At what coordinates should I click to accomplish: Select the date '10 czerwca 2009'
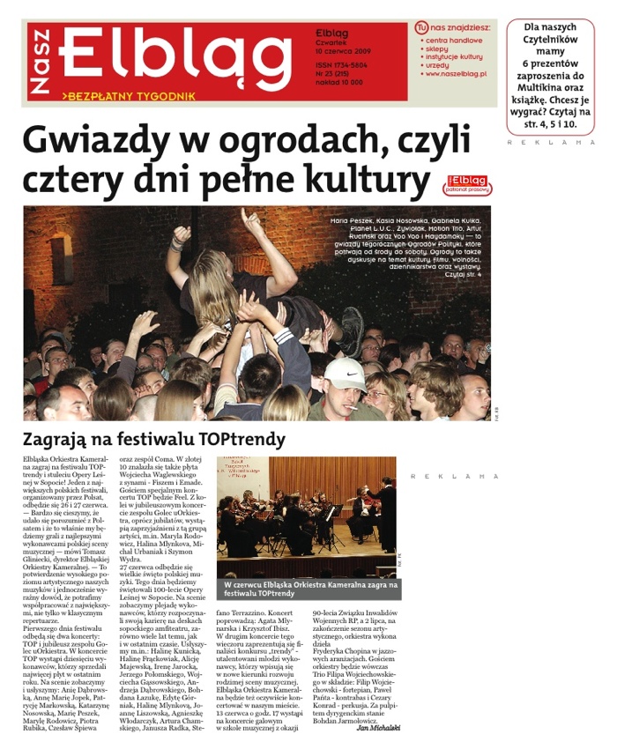coord(343,53)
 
